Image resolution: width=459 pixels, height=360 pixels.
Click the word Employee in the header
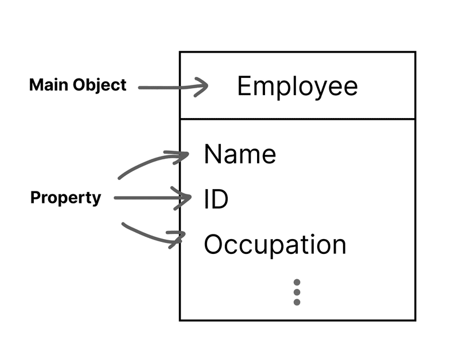297,87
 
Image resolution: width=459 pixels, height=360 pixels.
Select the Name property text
240,154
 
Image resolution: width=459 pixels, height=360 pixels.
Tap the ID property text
216,199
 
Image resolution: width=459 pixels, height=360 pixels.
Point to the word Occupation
275,245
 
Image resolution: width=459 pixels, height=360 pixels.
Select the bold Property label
65,198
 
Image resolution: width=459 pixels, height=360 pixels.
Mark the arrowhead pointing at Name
182,154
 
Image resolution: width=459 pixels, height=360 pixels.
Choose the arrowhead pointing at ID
185,198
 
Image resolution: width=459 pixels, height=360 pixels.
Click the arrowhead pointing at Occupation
178,238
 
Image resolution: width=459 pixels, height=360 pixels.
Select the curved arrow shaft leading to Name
141,165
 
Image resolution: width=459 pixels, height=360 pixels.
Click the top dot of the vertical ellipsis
297,283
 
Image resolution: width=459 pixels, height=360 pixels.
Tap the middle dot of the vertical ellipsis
297,292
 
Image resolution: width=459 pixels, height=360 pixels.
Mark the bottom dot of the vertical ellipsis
297,302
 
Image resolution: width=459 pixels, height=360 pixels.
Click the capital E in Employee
244,87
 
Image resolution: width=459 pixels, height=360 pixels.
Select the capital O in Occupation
213,245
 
